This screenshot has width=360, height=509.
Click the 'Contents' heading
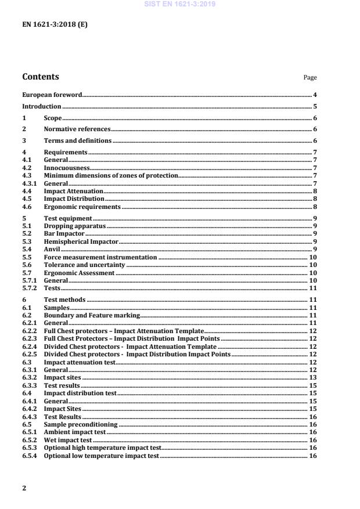point(40,77)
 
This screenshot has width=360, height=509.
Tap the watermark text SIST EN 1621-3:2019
point(179,5)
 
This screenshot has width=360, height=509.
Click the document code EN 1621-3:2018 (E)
point(55,26)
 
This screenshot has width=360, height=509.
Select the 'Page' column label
point(310,78)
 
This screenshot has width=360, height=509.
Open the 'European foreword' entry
point(52,94)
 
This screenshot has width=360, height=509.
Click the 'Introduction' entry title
point(41,106)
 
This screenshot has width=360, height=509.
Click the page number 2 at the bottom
point(24,488)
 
